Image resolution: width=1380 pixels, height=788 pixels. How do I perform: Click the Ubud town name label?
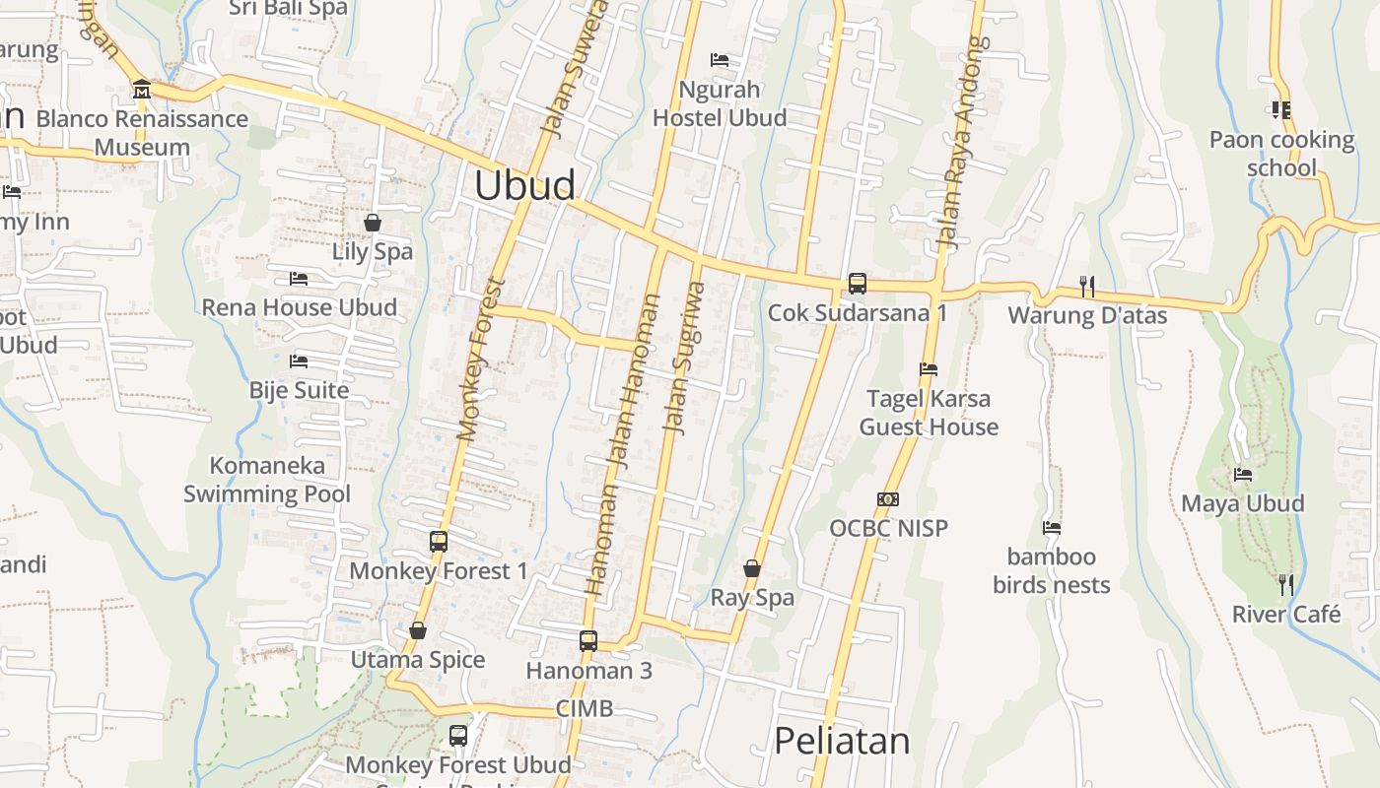pyautogui.click(x=524, y=186)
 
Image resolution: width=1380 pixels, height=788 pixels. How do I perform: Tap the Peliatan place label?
pyautogui.click(x=841, y=741)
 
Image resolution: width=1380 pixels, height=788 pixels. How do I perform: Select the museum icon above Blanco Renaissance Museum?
pyautogui.click(x=141, y=90)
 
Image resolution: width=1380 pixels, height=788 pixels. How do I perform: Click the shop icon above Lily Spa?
pyautogui.click(x=373, y=223)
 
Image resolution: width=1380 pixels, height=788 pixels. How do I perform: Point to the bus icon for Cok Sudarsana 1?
pyautogui.click(x=858, y=284)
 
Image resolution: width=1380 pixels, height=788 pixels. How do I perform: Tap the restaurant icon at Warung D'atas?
pyautogui.click(x=1086, y=287)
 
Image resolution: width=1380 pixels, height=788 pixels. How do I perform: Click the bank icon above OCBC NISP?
pyautogui.click(x=888, y=499)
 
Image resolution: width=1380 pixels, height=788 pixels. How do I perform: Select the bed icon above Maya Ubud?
pyautogui.click(x=1243, y=474)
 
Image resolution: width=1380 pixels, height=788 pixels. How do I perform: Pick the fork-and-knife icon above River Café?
pyautogui.click(x=1285, y=585)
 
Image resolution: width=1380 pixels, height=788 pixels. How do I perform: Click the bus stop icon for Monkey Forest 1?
pyautogui.click(x=439, y=541)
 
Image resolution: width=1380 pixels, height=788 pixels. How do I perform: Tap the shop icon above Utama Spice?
pyautogui.click(x=418, y=630)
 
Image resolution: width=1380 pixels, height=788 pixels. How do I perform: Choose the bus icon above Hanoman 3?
pyautogui.click(x=588, y=640)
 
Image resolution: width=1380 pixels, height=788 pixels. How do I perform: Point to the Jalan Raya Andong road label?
pyautogui.click(x=961, y=142)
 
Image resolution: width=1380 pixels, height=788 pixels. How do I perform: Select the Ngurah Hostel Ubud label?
pyautogui.click(x=721, y=103)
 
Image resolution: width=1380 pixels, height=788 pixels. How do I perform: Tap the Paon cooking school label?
pyautogui.click(x=1281, y=154)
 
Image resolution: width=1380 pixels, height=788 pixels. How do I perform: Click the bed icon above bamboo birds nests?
pyautogui.click(x=1052, y=528)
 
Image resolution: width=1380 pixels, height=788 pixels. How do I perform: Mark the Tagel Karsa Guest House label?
pyautogui.click(x=929, y=413)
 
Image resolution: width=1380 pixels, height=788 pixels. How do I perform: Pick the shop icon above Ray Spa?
pyautogui.click(x=752, y=568)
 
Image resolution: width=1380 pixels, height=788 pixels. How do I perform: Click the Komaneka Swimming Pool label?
pyautogui.click(x=267, y=480)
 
